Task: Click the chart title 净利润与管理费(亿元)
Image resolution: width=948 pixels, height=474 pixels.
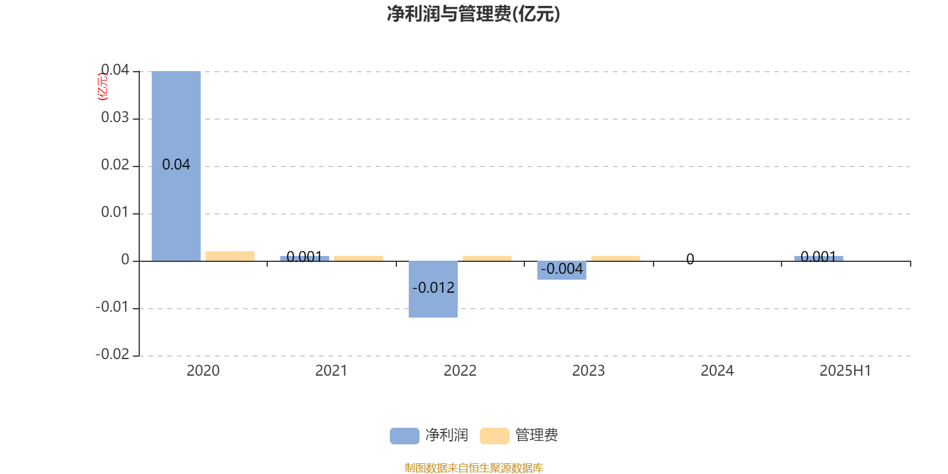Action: coord(473,14)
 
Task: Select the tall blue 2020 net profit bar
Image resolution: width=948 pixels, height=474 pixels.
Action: coord(176,166)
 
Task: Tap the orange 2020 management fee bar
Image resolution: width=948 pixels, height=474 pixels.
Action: coord(230,256)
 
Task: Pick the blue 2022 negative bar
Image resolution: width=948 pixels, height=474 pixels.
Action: coord(433,289)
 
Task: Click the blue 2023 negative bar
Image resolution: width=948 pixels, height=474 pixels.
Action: coord(562,270)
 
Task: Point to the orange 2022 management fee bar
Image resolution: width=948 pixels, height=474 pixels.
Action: coord(487,258)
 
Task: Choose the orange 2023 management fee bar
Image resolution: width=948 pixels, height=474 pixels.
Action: coord(616,258)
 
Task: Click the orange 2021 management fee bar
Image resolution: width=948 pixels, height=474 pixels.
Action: coord(358,258)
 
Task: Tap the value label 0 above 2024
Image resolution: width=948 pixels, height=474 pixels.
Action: coord(690,259)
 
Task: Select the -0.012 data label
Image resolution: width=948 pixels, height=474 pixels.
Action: coord(433,288)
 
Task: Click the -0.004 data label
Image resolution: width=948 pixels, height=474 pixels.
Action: coord(562,269)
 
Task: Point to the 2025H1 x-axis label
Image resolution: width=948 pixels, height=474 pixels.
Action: coord(845,371)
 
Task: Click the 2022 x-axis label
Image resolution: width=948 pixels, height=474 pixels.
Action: coord(460,371)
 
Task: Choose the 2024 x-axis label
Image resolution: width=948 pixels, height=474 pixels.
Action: coord(717,371)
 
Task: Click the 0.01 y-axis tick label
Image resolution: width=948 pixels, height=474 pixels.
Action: coord(115,212)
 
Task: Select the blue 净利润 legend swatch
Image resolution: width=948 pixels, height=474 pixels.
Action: coord(404,436)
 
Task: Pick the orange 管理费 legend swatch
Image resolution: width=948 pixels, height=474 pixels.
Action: coord(494,436)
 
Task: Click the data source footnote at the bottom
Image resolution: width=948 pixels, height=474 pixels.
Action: coord(473,467)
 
